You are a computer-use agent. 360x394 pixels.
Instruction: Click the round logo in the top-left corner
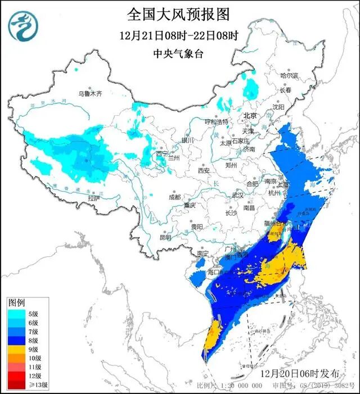(x=21, y=24)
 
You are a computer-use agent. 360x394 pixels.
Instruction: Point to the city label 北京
(x=250, y=116)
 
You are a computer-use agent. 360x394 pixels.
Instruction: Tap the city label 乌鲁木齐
(x=91, y=94)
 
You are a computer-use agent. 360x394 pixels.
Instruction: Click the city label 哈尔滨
(x=290, y=75)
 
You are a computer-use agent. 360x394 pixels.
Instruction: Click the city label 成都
(x=174, y=197)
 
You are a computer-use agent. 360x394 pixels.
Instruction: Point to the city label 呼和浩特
(x=217, y=121)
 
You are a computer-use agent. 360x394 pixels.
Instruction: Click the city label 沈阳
(x=278, y=107)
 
